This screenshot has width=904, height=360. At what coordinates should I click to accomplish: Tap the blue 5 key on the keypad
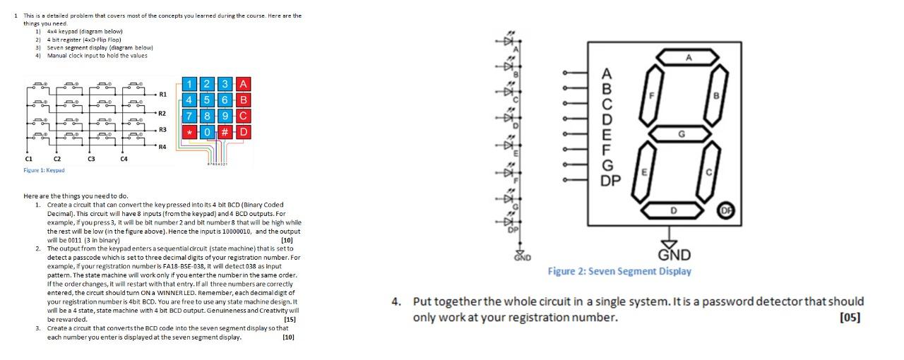(x=210, y=100)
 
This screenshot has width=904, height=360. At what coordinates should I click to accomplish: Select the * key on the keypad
(x=189, y=132)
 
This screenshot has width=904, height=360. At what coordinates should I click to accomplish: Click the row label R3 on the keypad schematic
(x=162, y=130)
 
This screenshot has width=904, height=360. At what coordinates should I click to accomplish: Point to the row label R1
(x=162, y=94)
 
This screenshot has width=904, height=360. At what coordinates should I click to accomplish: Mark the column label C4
(x=124, y=159)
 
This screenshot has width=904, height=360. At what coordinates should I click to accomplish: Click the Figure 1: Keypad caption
(x=44, y=170)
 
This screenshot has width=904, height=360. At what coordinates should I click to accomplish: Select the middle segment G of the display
(x=681, y=133)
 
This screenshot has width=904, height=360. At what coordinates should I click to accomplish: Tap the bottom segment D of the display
(x=674, y=210)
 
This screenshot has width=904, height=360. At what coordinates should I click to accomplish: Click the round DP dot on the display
(x=726, y=210)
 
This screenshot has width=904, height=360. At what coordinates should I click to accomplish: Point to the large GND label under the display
(x=674, y=255)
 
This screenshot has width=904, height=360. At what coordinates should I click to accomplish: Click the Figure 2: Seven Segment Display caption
(x=619, y=271)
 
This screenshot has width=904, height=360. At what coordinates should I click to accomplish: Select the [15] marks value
(x=290, y=319)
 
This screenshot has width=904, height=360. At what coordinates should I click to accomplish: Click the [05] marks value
(x=850, y=317)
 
